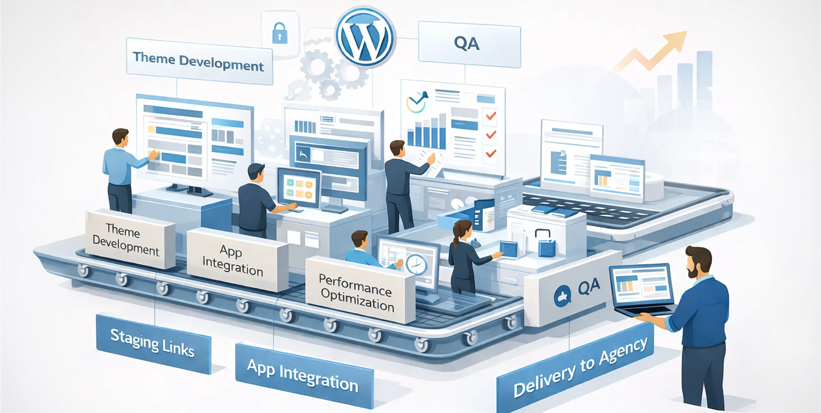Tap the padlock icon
pos(279,34)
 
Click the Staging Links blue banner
pos(153,343)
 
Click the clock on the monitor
pos(416,264)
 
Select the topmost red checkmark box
pos(490,116)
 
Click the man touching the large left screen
pos(121,169)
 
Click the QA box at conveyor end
pos(573,288)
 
